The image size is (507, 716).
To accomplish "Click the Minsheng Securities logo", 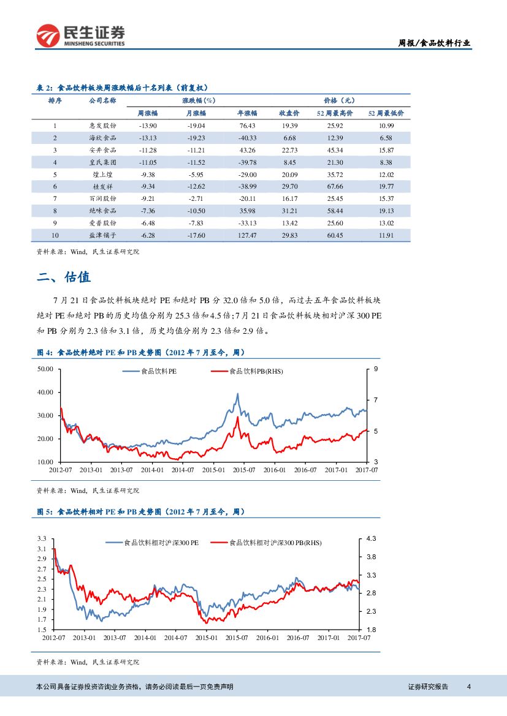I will tap(80, 36).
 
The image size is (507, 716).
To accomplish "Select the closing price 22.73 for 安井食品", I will tap(290, 150).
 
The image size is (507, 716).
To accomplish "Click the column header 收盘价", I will tap(289, 113).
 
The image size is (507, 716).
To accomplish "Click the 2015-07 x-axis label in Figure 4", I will tap(243, 470).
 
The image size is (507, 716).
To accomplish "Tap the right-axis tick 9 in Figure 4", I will tap(375, 369).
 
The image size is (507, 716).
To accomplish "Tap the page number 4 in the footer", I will tap(469, 686).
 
